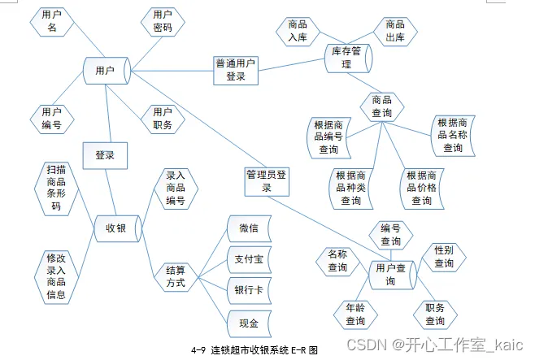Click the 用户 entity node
(105, 71)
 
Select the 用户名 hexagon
(55, 22)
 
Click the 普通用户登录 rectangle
(236, 70)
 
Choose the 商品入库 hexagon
(298, 32)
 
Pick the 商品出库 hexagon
(395, 32)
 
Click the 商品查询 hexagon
(381, 106)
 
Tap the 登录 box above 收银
(105, 154)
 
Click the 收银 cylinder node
(116, 228)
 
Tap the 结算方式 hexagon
(176, 276)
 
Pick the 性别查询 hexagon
(444, 257)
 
